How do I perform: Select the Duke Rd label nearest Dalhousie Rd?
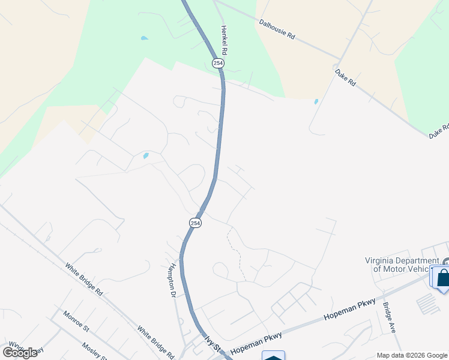[x=345, y=77]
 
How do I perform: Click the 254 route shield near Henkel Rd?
[x=217, y=63]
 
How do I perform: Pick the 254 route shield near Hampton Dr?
[x=195, y=223]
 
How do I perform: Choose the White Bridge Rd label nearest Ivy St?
[x=155, y=342]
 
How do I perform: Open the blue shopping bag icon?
[x=443, y=278]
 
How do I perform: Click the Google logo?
[x=20, y=353]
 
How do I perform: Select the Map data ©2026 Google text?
[x=411, y=355]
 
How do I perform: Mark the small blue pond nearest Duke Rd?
[x=316, y=101]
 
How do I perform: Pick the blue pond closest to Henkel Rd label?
[x=144, y=38]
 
